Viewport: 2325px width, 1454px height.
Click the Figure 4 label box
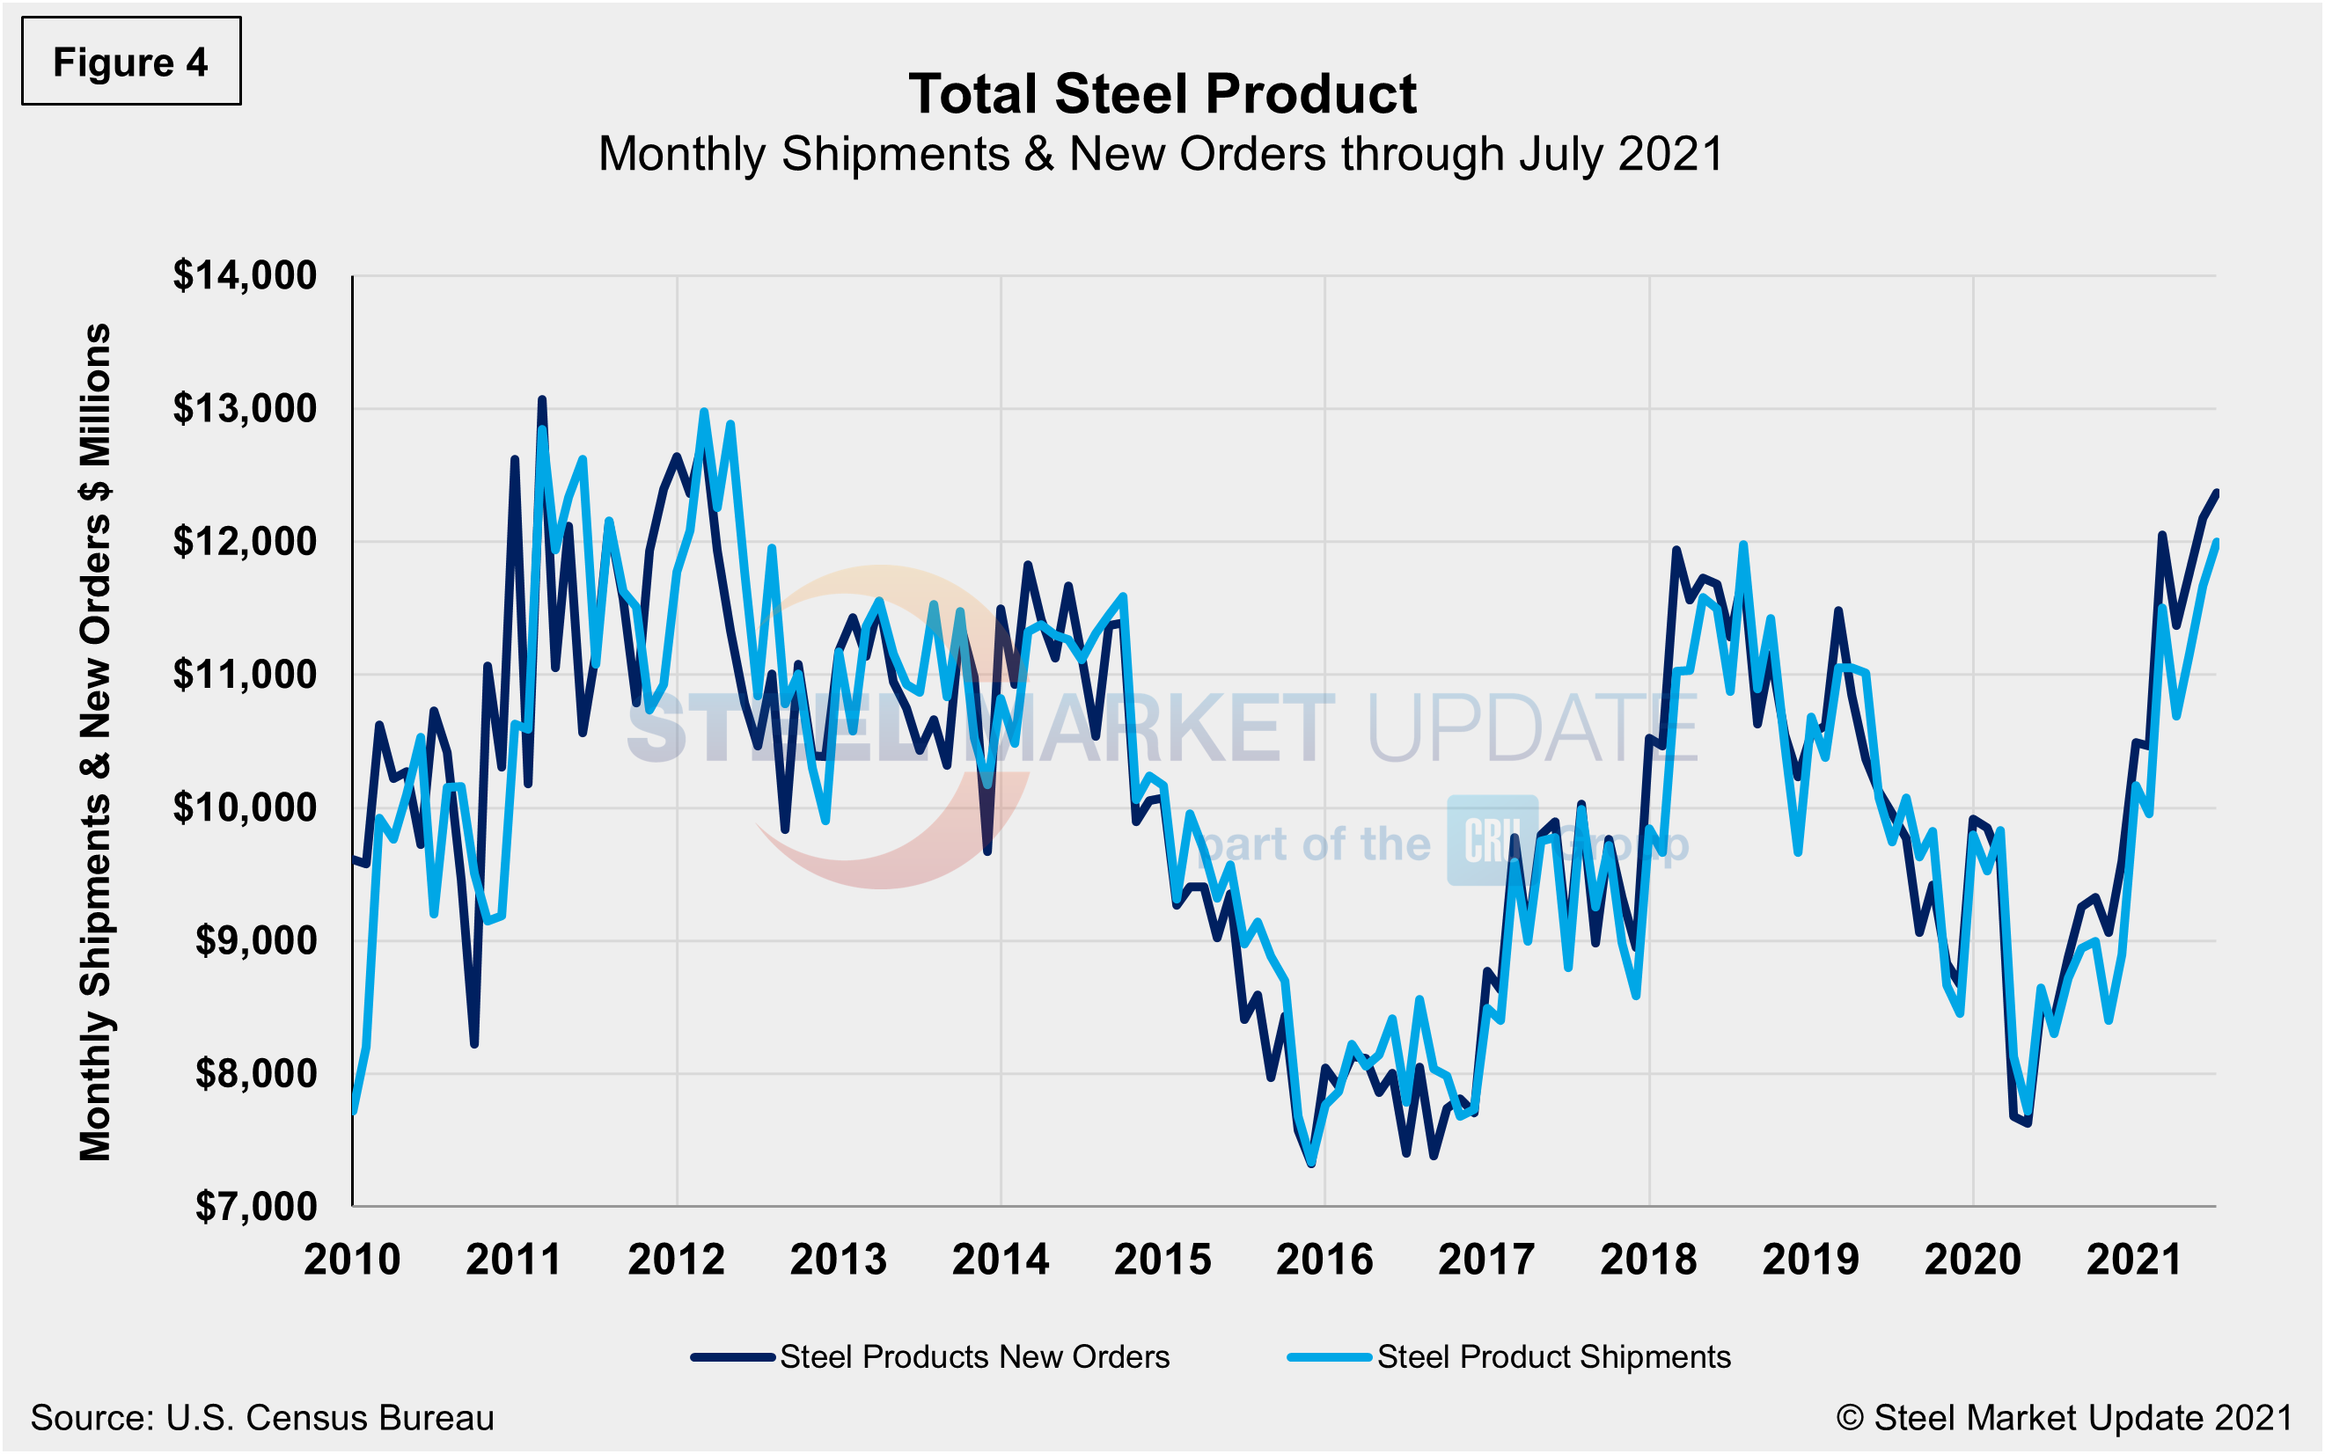[131, 62]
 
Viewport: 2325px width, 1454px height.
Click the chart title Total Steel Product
[1162, 94]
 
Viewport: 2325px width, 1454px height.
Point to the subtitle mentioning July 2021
[1161, 154]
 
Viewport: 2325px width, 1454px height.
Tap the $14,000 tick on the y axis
[245, 276]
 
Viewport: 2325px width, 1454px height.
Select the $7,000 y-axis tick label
[256, 1206]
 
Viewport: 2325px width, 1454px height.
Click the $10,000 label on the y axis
[245, 807]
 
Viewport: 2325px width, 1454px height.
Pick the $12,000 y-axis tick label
[245, 542]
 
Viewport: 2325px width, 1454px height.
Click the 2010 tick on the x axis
[352, 1260]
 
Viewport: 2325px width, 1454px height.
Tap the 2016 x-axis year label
[1324, 1260]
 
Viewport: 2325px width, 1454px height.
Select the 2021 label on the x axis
[2135, 1260]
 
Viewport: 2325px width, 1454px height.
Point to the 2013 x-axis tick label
[838, 1260]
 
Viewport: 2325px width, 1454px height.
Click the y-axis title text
[95, 742]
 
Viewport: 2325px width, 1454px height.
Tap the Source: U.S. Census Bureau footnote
[261, 1417]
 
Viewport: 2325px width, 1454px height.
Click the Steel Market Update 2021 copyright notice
[2065, 1417]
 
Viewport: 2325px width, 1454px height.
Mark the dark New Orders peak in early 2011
[541, 399]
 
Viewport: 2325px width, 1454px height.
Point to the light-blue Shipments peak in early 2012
[703, 412]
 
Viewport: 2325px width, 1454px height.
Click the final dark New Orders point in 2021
[2215, 493]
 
